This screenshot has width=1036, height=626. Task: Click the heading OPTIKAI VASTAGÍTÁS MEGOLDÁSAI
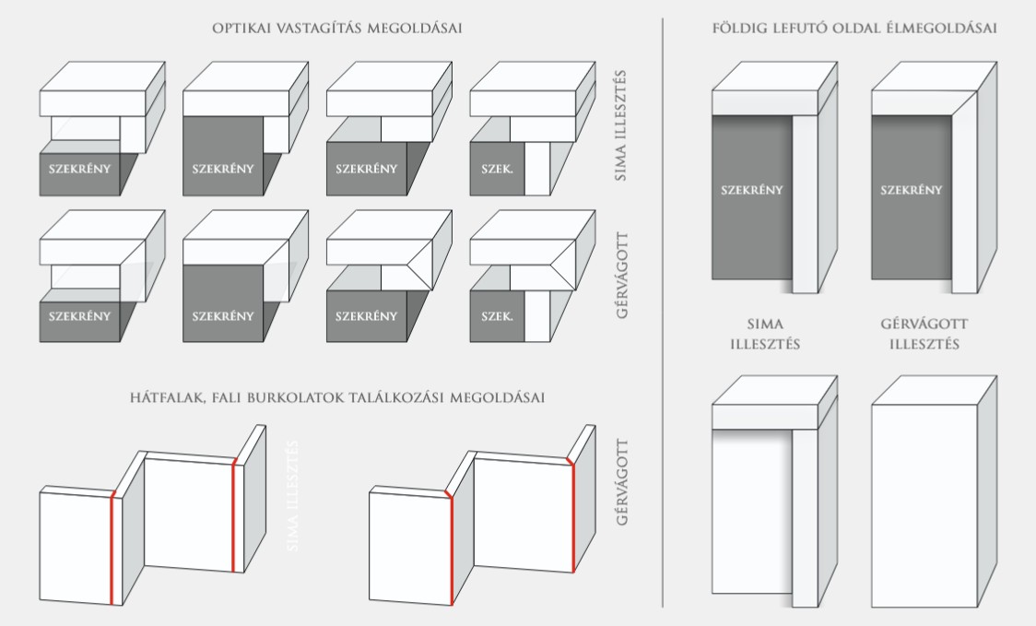[337, 29]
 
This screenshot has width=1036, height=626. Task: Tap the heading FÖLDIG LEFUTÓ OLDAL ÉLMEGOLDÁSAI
[854, 29]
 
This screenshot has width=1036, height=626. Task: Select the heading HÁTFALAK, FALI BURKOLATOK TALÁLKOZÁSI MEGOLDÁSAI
[337, 397]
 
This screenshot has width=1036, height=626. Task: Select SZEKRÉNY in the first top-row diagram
[80, 169]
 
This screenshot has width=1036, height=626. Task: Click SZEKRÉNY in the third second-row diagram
[367, 316]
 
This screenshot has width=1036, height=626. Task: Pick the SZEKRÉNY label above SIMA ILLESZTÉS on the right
[752, 191]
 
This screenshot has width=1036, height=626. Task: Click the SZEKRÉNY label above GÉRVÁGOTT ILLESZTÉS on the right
[911, 191]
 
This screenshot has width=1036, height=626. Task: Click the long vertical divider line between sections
[663, 313]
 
